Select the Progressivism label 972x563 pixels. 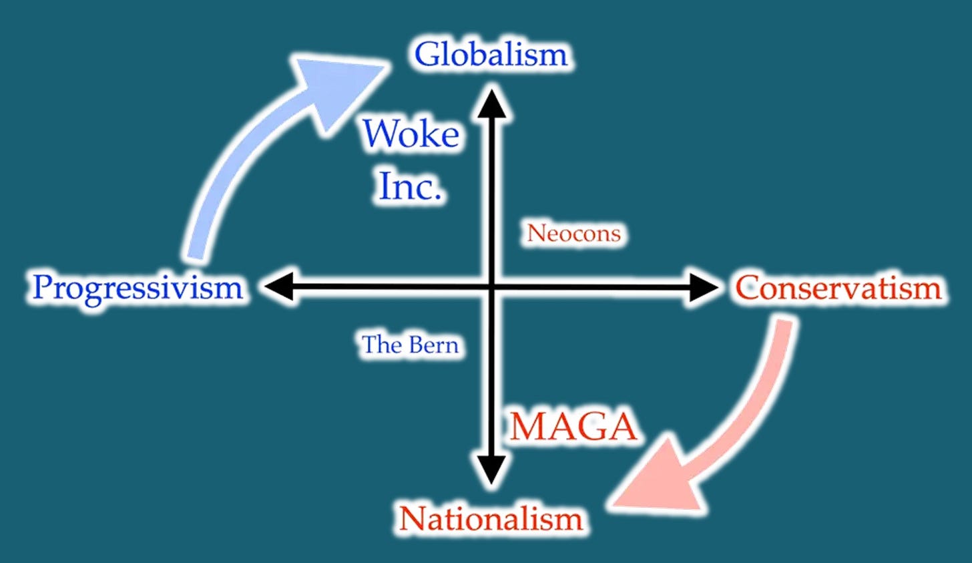pos(138,289)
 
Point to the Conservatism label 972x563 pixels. pos(838,289)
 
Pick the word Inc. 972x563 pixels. pos(410,186)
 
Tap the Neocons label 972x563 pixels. pos(574,233)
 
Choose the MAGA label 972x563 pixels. pos(573,427)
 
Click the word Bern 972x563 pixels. pos(434,345)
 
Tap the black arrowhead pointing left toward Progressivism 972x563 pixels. pos(279,287)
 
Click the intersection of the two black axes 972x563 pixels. pos(492,287)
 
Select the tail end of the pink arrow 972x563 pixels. pos(784,325)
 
